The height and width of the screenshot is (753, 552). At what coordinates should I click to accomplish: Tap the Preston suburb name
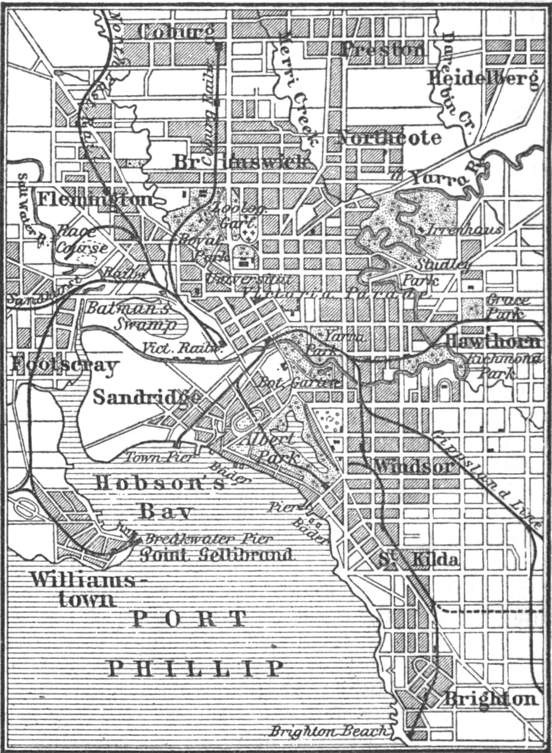coord(382,50)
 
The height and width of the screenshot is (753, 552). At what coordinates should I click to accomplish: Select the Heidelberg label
coord(483,79)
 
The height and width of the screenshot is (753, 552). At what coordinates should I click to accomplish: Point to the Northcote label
coord(389,138)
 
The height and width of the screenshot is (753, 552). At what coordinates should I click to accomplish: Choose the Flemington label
coord(95,199)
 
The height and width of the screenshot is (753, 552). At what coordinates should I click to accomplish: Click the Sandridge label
coord(146,397)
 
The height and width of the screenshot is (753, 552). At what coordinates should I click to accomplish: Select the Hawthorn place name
coord(491,341)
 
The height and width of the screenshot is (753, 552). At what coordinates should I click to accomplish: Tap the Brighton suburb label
coord(490,699)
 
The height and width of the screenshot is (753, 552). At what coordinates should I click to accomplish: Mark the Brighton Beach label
coord(329,731)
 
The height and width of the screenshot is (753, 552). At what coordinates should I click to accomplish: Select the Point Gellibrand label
coord(216,554)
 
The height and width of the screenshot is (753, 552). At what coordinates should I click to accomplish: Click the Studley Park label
coord(436,271)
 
